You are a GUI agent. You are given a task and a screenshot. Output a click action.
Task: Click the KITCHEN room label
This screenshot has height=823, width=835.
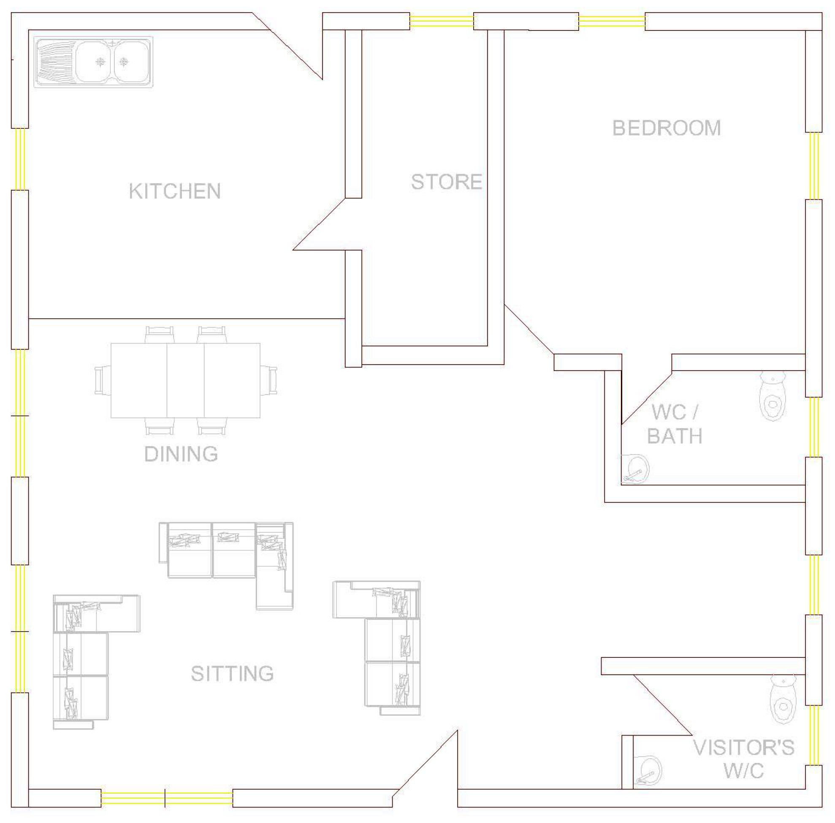click(175, 191)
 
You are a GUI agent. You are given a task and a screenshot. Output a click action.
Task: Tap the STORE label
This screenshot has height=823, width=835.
click(447, 182)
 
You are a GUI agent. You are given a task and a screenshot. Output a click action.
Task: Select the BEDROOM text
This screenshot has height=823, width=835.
click(667, 128)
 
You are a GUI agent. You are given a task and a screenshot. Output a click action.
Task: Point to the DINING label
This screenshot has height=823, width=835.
click(181, 454)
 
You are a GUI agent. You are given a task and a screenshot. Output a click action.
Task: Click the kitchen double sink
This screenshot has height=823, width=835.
click(93, 62)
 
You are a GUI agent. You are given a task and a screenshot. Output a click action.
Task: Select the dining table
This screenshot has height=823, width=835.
click(185, 380)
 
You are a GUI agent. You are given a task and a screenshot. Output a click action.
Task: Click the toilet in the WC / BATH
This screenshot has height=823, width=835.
click(773, 395)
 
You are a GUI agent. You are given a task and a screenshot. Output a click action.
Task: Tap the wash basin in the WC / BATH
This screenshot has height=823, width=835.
click(635, 469)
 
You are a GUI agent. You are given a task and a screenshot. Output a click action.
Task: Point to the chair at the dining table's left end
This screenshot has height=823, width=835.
click(103, 380)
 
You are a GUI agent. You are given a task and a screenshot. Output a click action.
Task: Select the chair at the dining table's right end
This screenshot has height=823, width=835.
click(268, 380)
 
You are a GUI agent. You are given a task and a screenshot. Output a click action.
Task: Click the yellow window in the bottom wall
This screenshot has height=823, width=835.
click(167, 798)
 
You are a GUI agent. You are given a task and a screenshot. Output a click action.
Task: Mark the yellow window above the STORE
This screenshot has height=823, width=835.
click(442, 21)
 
